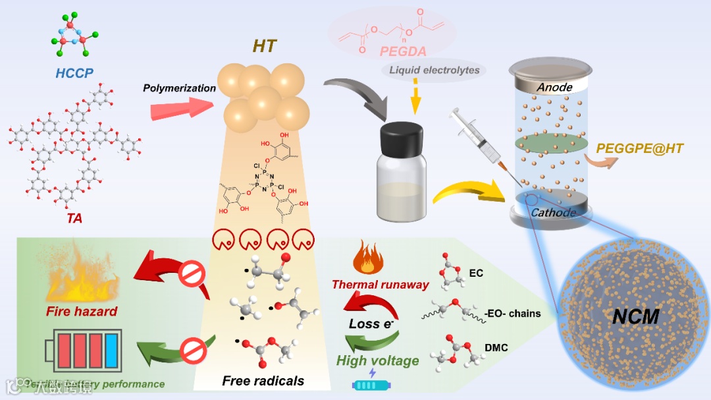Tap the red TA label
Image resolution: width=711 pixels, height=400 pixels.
click(74, 217)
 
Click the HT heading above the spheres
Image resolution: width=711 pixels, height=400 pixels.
click(265, 46)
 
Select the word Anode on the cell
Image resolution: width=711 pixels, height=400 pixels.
click(554, 86)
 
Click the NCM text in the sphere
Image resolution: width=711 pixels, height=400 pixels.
click(635, 316)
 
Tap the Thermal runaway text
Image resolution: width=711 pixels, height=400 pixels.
click(381, 285)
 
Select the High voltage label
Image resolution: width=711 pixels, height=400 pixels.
click(377, 360)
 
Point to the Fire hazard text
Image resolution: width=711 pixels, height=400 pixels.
click(82, 310)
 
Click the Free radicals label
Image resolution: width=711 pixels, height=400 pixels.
click(263, 380)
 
